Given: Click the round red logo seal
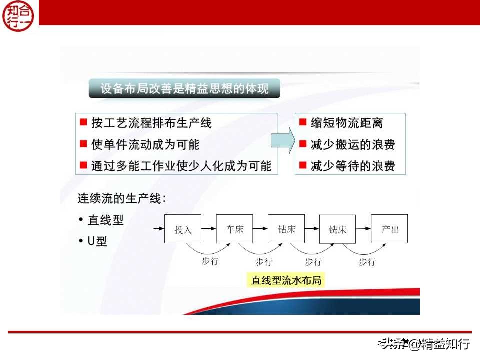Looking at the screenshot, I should (19, 15).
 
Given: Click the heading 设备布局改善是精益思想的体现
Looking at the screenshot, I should (184, 89).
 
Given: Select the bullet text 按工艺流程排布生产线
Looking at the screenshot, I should (151, 123).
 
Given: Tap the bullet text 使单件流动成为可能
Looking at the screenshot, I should (145, 145).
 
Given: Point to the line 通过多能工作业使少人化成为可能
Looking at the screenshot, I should (181, 166).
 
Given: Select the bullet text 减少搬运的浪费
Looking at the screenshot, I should (353, 145).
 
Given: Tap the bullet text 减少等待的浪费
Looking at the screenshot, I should (353, 166).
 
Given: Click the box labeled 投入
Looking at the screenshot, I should (183, 229).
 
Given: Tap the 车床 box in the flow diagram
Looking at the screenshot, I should (234, 229).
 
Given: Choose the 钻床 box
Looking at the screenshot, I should (286, 229).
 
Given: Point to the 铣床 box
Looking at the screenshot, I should (337, 229).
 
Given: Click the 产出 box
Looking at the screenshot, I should (389, 229).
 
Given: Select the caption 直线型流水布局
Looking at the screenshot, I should (286, 280).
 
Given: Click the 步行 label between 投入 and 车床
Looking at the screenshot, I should (210, 261).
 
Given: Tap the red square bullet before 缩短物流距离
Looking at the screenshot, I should (302, 122).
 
